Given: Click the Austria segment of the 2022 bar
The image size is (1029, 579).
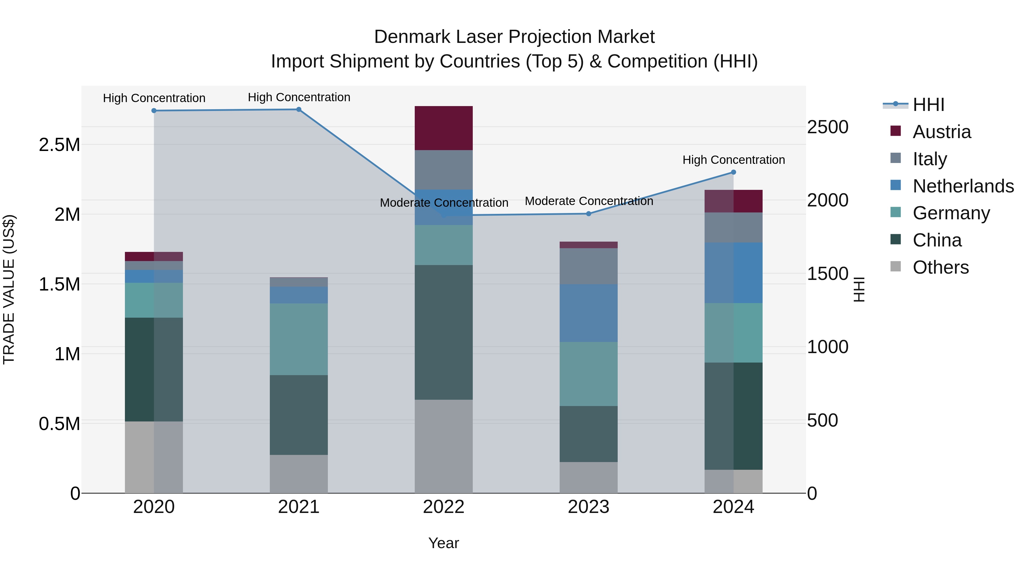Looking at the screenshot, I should (x=443, y=128).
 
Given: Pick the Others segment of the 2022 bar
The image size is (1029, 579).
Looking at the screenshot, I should (x=443, y=446).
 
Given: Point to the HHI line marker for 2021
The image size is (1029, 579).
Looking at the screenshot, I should (x=298, y=110).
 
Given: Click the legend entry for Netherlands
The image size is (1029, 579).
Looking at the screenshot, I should (x=963, y=186).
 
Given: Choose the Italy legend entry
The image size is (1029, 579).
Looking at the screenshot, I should (x=930, y=159).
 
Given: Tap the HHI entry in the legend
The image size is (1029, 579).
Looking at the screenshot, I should (x=928, y=105).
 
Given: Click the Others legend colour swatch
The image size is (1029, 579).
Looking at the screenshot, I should (x=896, y=266).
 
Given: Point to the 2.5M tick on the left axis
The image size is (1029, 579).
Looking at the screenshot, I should (x=59, y=145).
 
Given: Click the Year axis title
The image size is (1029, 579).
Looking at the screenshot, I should (x=443, y=543).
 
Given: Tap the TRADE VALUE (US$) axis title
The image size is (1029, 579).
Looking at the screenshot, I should (x=9, y=289).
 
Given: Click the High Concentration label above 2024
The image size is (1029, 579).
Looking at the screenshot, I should (x=733, y=160).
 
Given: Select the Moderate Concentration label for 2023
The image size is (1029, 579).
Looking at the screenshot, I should (x=589, y=201).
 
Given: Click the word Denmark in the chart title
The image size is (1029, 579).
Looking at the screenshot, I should (x=411, y=37).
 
